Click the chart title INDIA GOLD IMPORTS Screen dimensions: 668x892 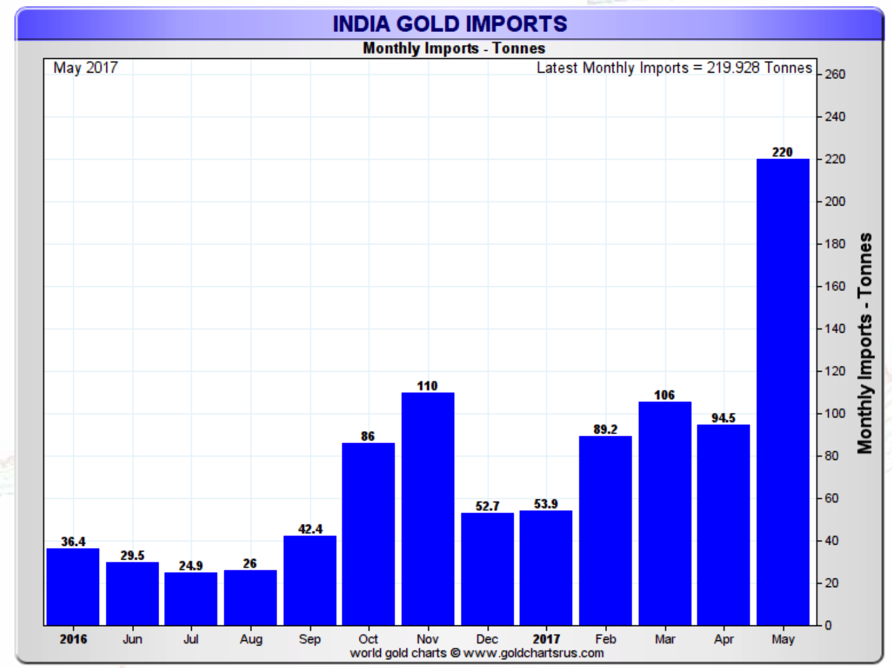(x=450, y=24)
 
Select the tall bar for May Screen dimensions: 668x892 (x=782, y=392)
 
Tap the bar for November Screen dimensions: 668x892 (x=428, y=508)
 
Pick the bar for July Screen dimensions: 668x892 (x=191, y=598)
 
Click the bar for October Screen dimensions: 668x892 (x=368, y=533)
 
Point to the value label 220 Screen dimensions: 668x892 (x=782, y=152)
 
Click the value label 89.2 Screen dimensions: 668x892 (x=605, y=429)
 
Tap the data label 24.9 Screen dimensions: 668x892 (x=191, y=566)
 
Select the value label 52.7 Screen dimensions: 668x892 (x=487, y=506)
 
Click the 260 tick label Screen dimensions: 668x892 (x=835, y=75)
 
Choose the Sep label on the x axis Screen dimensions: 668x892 (x=309, y=639)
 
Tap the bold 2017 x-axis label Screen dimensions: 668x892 (x=546, y=639)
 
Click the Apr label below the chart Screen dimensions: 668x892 (x=723, y=639)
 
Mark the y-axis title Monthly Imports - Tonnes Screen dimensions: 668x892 (x=865, y=343)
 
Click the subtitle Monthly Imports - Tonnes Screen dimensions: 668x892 (x=454, y=48)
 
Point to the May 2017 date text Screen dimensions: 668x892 (x=85, y=68)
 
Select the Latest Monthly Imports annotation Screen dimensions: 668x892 (x=674, y=68)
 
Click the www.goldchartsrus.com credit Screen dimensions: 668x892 (x=533, y=653)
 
